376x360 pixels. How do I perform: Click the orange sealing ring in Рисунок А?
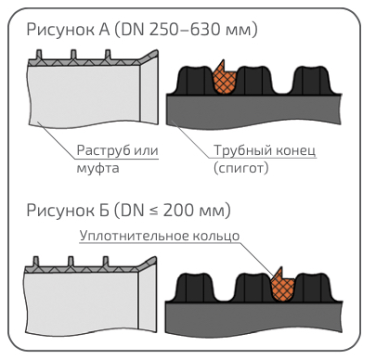225,81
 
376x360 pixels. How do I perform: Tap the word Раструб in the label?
103,150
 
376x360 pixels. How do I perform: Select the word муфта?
97,168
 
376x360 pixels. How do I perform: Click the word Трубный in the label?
242,150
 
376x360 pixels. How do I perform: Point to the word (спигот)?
241,168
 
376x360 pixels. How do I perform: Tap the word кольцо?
216,236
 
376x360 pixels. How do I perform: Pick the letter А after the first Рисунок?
104,30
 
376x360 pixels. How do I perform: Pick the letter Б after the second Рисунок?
104,211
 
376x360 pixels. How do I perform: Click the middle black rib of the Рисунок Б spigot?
253,287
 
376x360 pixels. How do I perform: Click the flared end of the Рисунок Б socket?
148,295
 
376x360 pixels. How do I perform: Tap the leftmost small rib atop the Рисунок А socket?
39,55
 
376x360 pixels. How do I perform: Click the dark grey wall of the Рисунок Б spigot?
253,317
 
